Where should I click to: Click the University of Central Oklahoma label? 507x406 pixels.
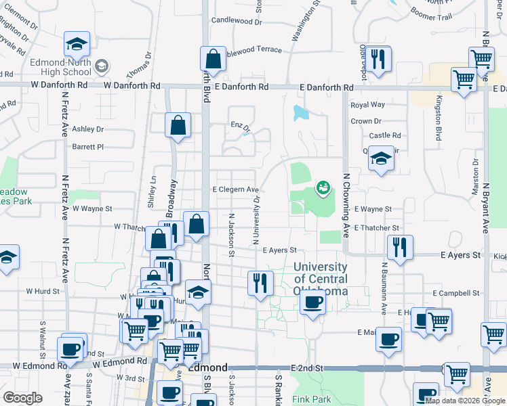[x=321, y=279]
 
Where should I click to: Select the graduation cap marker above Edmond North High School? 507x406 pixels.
[x=77, y=45]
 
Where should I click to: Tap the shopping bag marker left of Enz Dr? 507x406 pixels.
[x=178, y=125]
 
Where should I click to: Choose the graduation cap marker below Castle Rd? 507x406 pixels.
[x=381, y=160]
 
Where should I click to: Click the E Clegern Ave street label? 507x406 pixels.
[x=236, y=189]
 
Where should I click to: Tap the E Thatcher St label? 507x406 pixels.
[x=376, y=228]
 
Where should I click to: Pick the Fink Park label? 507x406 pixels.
[x=311, y=399]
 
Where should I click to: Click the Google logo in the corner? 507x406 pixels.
[x=22, y=398]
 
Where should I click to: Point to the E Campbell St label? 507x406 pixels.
[x=456, y=294]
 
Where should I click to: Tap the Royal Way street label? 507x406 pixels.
[x=367, y=105]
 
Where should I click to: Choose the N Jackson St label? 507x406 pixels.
[x=231, y=234]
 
